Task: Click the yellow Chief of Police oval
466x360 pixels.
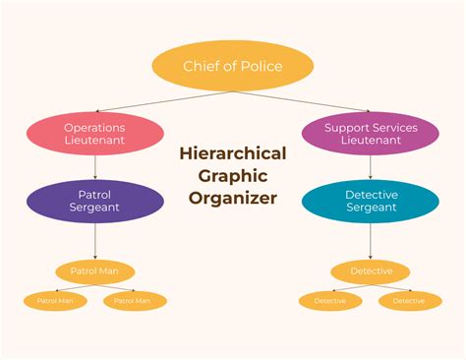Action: pyautogui.click(x=233, y=66)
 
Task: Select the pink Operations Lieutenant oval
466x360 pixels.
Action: pyautogui.click(x=94, y=134)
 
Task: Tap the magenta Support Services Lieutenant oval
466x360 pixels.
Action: pyautogui.click(x=371, y=134)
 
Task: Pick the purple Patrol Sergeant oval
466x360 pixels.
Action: pyautogui.click(x=94, y=202)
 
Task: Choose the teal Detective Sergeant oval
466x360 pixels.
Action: pyautogui.click(x=371, y=202)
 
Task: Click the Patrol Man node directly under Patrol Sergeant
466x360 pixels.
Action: pyautogui.click(x=94, y=270)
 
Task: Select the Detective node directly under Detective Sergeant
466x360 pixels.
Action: pyautogui.click(x=371, y=270)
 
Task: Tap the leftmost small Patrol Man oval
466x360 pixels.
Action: pyautogui.click(x=55, y=300)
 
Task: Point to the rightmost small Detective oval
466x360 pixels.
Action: pyautogui.click(x=410, y=300)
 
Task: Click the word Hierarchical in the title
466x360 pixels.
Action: pyautogui.click(x=233, y=153)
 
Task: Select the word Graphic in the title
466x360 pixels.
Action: pyautogui.click(x=233, y=175)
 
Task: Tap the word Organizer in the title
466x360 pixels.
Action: pyautogui.click(x=233, y=198)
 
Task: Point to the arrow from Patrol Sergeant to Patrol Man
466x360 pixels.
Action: pyautogui.click(x=94, y=241)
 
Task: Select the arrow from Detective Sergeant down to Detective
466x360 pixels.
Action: pyautogui.click(x=371, y=241)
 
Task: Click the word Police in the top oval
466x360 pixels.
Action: pyautogui.click(x=261, y=66)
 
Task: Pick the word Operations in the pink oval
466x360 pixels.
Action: pyautogui.click(x=94, y=128)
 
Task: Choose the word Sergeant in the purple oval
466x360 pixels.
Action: pyautogui.click(x=94, y=209)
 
